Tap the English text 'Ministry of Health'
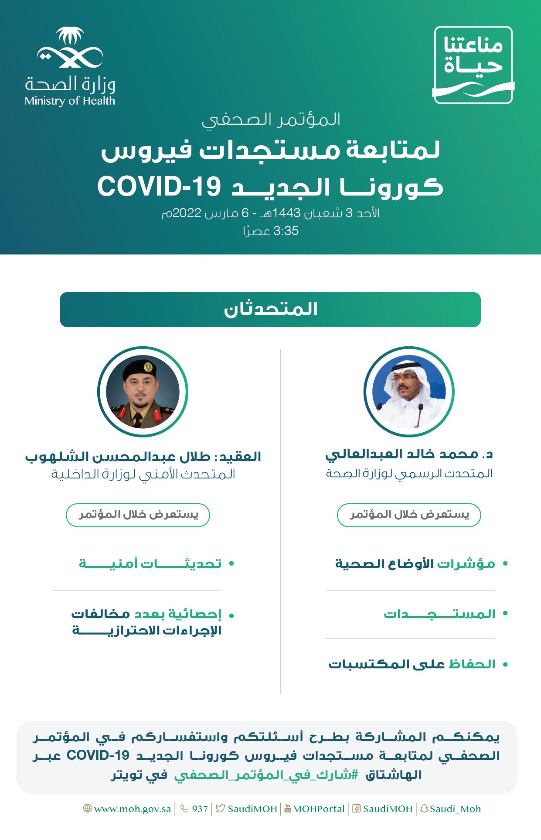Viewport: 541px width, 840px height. point(70,101)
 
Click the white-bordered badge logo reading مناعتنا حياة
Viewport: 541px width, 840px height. point(473,65)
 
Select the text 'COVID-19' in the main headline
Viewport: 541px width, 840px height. point(160,187)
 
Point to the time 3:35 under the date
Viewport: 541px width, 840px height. point(286,231)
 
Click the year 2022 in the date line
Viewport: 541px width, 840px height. point(187,213)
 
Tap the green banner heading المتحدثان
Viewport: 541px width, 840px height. point(270,310)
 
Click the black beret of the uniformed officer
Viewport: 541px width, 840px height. point(140,369)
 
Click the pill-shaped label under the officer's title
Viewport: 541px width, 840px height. point(138,515)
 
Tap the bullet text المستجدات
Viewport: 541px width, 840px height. point(439,614)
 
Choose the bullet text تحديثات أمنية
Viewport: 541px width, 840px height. point(150,563)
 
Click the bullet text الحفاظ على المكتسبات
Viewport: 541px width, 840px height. point(412,664)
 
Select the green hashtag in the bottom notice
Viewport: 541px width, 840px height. point(266,775)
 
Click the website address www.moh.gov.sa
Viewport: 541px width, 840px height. point(133,809)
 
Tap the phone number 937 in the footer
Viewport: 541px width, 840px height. point(200,809)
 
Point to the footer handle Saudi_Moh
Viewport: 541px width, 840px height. point(455,809)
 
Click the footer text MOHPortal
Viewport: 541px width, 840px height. point(319,809)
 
